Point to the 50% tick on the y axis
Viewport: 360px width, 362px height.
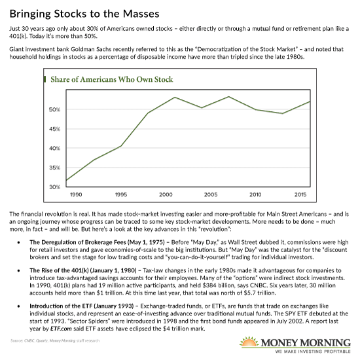tap(55, 109)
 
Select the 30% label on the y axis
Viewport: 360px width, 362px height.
tap(55, 187)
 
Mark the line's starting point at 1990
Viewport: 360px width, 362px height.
tap(66, 180)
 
